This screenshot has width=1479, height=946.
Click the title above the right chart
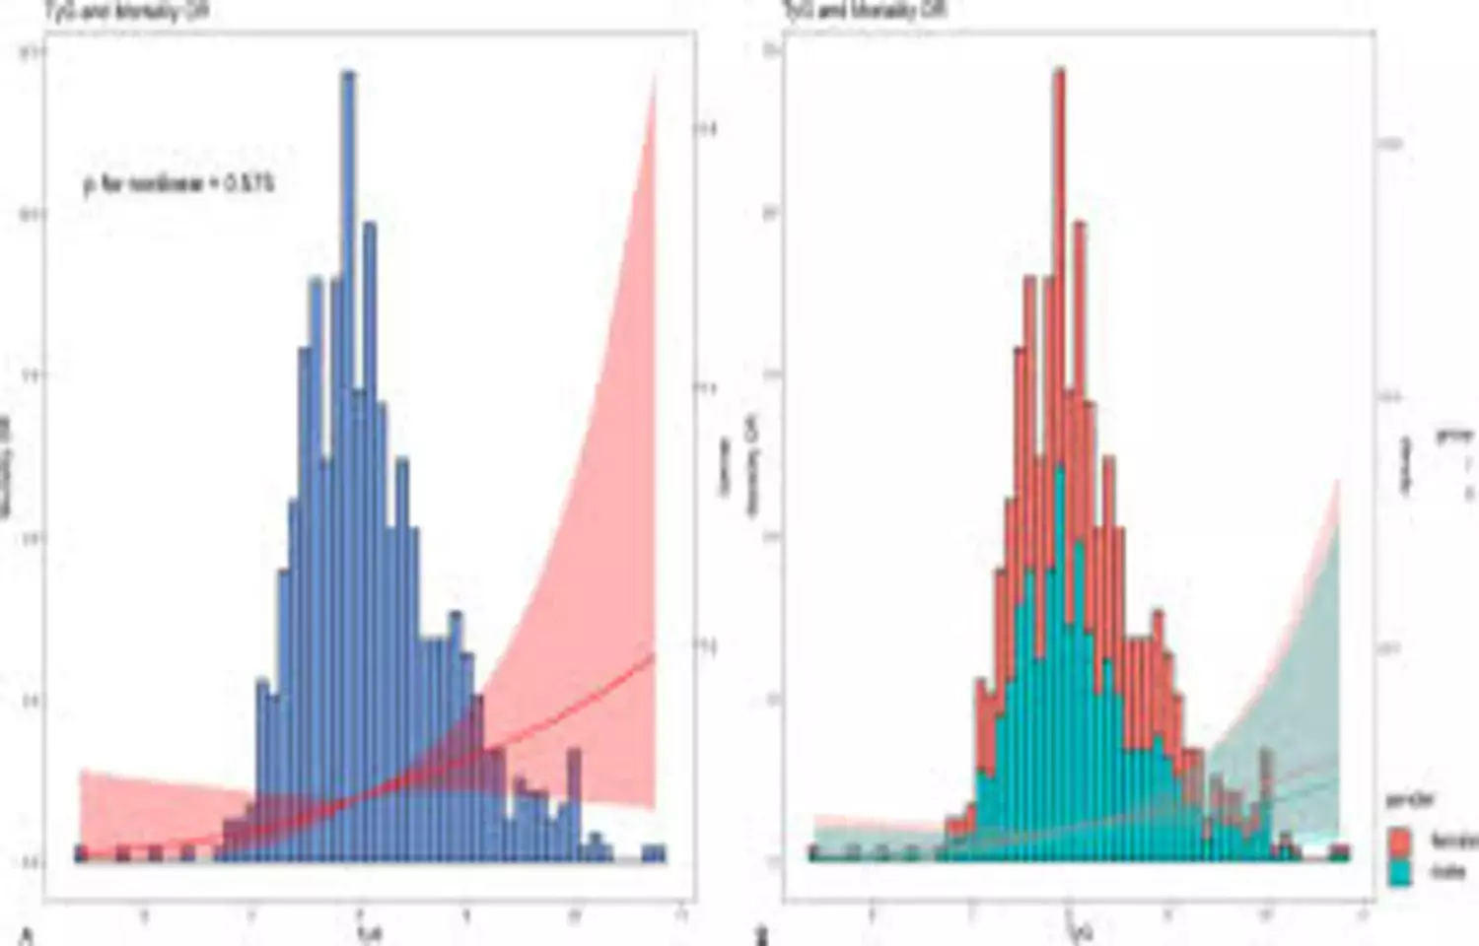coord(865,11)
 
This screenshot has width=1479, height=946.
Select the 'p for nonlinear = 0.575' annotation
coord(178,183)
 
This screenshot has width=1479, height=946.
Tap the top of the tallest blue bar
coord(347,75)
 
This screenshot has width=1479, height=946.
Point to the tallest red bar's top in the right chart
coord(1059,71)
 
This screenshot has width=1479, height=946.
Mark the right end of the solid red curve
coord(653,654)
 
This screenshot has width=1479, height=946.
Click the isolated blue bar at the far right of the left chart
coord(654,853)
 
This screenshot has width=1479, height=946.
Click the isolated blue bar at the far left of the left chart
coord(82,853)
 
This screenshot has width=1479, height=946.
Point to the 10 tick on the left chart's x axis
coord(574,916)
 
